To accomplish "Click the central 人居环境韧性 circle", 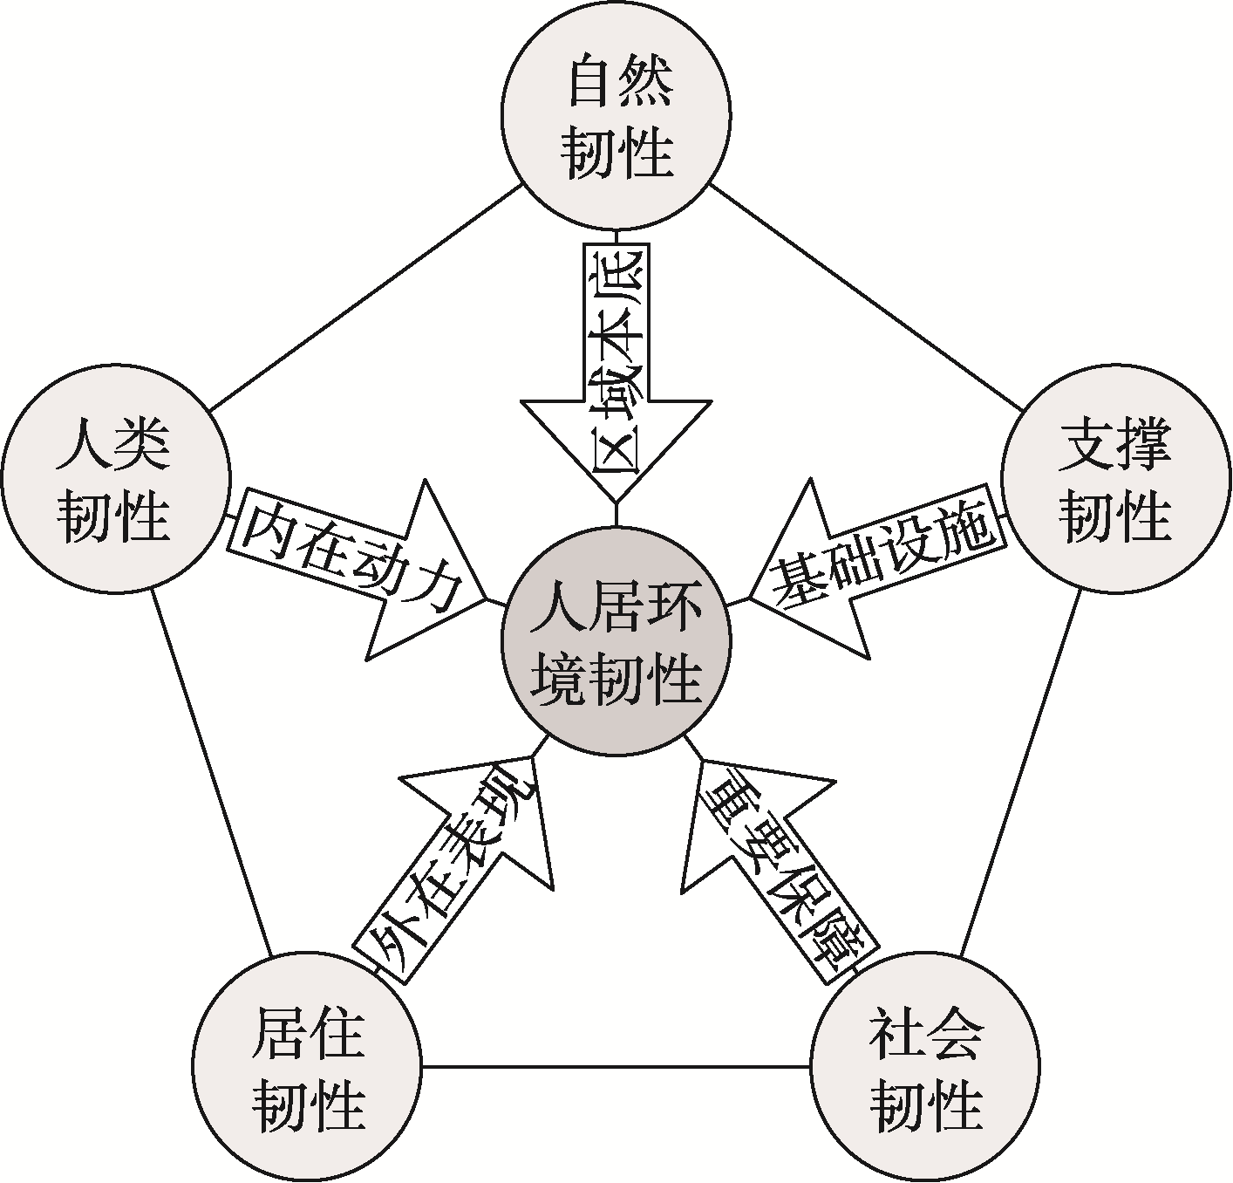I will coord(616,643).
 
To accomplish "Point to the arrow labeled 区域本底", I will coord(616,366).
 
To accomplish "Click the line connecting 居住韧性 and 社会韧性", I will coord(616,1066).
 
